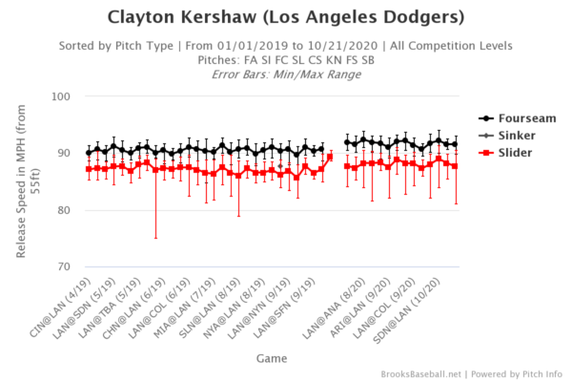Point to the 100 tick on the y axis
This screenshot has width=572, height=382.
click(x=60, y=96)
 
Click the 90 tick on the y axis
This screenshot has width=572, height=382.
click(x=63, y=153)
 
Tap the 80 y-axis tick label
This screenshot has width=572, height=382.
click(x=63, y=210)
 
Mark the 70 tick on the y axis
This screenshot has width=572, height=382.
click(x=63, y=266)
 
